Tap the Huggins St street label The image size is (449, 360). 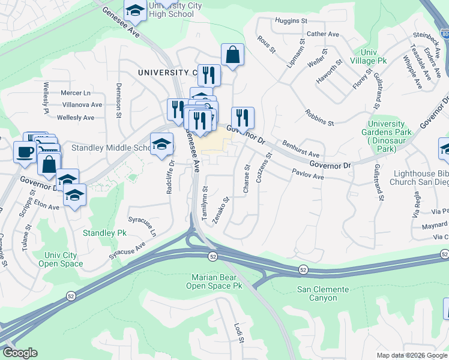tap(291, 21)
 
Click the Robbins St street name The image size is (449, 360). tap(319, 118)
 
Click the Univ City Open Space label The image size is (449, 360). tap(62, 259)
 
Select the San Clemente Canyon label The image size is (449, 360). tap(323, 294)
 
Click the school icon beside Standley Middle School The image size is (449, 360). tap(161, 144)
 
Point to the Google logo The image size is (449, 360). tap(20, 353)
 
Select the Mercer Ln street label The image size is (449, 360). tap(76, 93)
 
